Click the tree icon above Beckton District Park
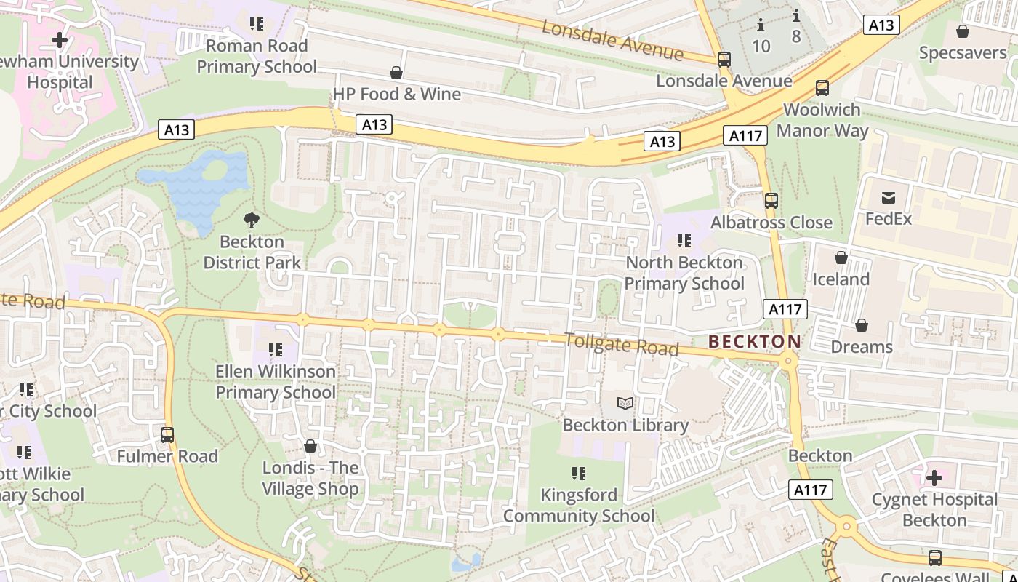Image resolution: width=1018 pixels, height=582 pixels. point(252,219)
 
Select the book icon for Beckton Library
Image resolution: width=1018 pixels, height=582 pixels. point(625,403)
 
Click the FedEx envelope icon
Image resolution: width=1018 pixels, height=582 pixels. point(888,197)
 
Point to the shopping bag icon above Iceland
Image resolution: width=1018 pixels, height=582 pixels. point(841,258)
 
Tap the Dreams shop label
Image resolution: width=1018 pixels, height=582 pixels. point(861,346)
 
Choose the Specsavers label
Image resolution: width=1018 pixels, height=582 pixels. point(962,52)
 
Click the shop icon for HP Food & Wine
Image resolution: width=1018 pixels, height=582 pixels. point(396,73)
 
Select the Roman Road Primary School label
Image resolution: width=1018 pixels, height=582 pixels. point(257,56)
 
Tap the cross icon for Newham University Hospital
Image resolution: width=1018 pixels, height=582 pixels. point(60,40)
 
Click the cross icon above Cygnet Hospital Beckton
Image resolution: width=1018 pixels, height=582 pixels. point(934,478)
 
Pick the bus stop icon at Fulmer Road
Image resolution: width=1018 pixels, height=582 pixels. point(167,435)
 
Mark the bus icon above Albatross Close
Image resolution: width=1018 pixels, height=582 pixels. point(771,201)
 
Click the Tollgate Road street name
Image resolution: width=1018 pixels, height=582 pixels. point(621,344)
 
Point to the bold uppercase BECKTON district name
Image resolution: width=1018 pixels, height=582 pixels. point(754,341)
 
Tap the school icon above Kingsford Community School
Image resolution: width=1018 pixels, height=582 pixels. point(579,474)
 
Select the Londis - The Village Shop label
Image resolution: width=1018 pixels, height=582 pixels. point(310,478)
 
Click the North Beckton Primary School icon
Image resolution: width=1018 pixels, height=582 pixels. point(684,241)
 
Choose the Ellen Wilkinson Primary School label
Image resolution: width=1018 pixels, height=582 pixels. point(276,382)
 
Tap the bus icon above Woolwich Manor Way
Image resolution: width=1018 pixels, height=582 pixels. point(822,88)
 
